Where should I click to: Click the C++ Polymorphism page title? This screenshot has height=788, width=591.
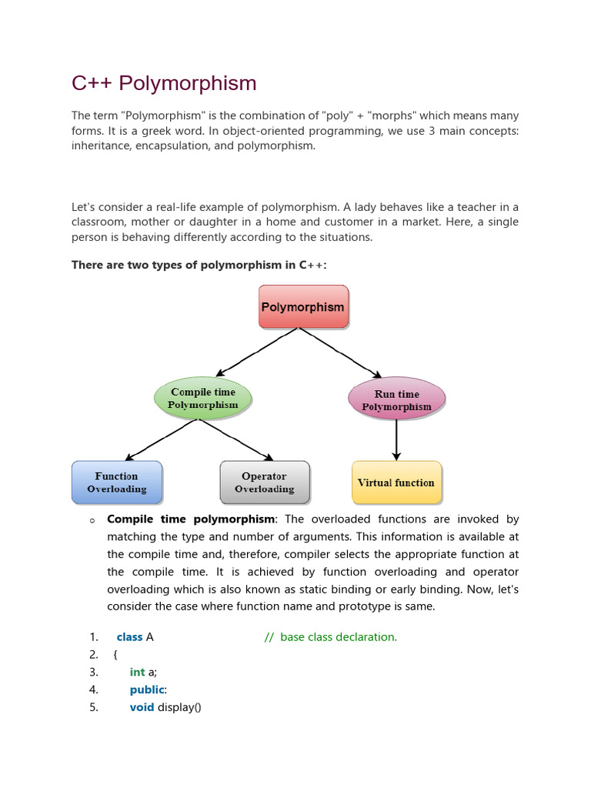click(164, 83)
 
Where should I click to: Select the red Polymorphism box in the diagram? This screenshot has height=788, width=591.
click(303, 307)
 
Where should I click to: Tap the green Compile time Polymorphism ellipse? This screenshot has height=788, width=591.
click(203, 398)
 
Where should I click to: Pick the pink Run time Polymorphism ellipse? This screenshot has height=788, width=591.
click(396, 399)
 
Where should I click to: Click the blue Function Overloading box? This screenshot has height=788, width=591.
click(117, 482)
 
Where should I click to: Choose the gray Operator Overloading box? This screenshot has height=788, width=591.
click(265, 482)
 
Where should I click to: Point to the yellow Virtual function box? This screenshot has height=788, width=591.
click(396, 482)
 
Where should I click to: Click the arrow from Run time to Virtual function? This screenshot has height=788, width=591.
click(396, 439)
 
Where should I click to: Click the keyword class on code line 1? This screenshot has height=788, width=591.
click(129, 637)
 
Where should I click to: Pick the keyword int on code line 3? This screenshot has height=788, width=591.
click(137, 672)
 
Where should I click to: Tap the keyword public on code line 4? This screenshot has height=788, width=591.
click(146, 689)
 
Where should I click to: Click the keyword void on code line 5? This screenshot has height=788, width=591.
click(142, 707)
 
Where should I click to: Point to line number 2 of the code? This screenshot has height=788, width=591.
click(94, 655)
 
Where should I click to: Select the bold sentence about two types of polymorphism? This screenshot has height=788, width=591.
click(199, 265)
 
